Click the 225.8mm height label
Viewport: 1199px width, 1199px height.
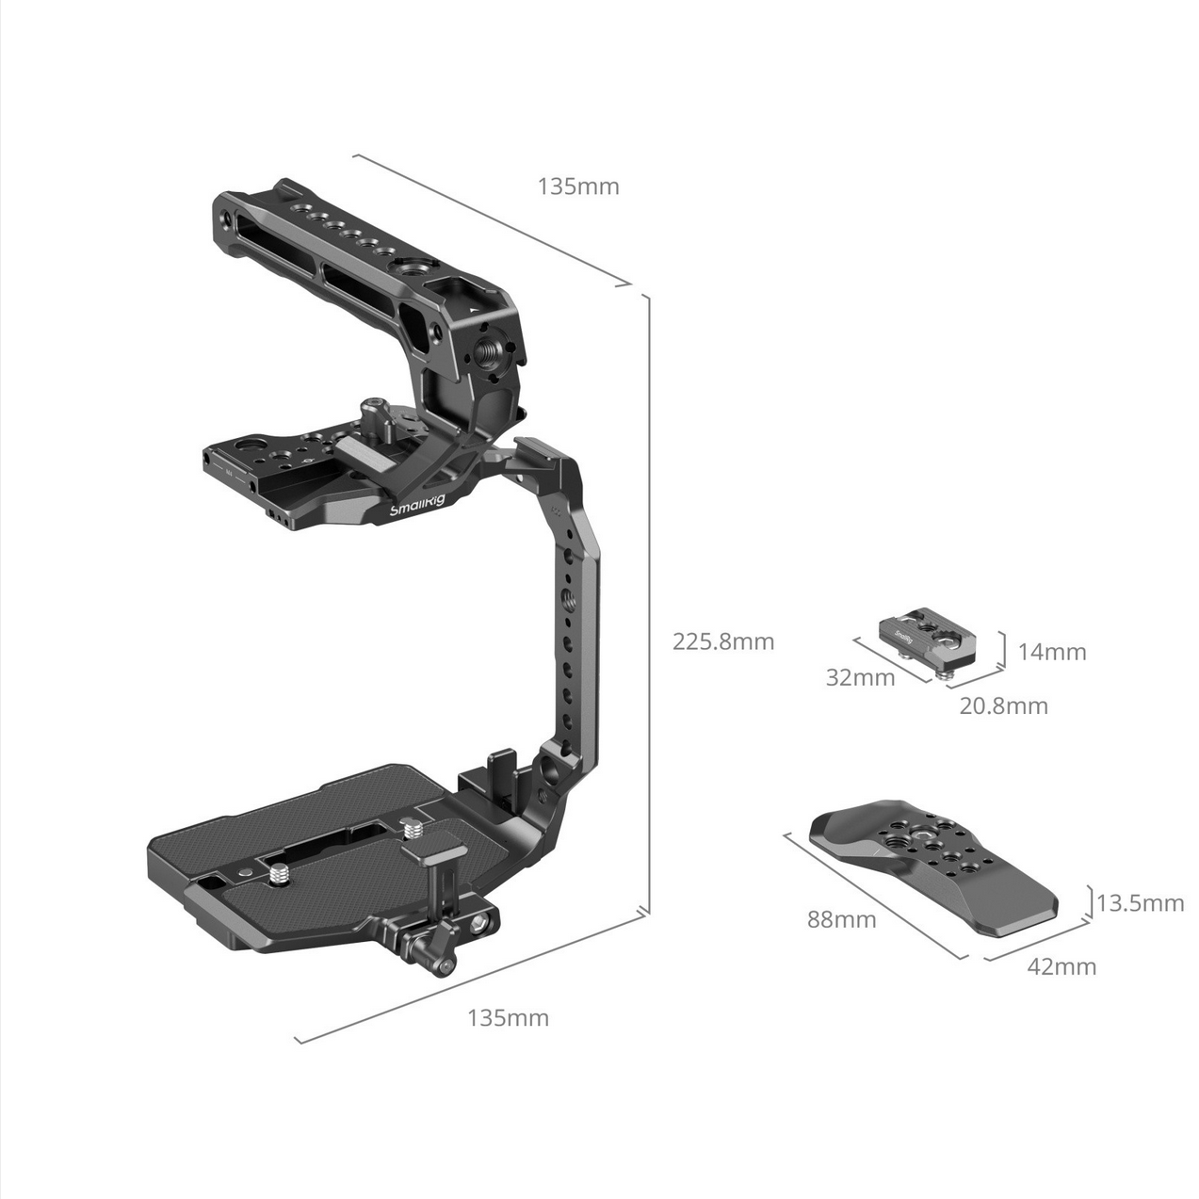723,641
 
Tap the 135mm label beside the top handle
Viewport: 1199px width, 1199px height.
578,186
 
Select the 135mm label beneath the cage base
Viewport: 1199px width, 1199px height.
508,1018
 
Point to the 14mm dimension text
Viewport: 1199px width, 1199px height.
1051,652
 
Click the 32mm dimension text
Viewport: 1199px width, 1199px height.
860,677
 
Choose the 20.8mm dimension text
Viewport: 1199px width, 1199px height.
1003,706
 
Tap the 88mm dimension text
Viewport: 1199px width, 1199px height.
841,919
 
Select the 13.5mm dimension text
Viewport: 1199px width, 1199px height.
1140,903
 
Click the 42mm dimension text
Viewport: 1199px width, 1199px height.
1061,967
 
